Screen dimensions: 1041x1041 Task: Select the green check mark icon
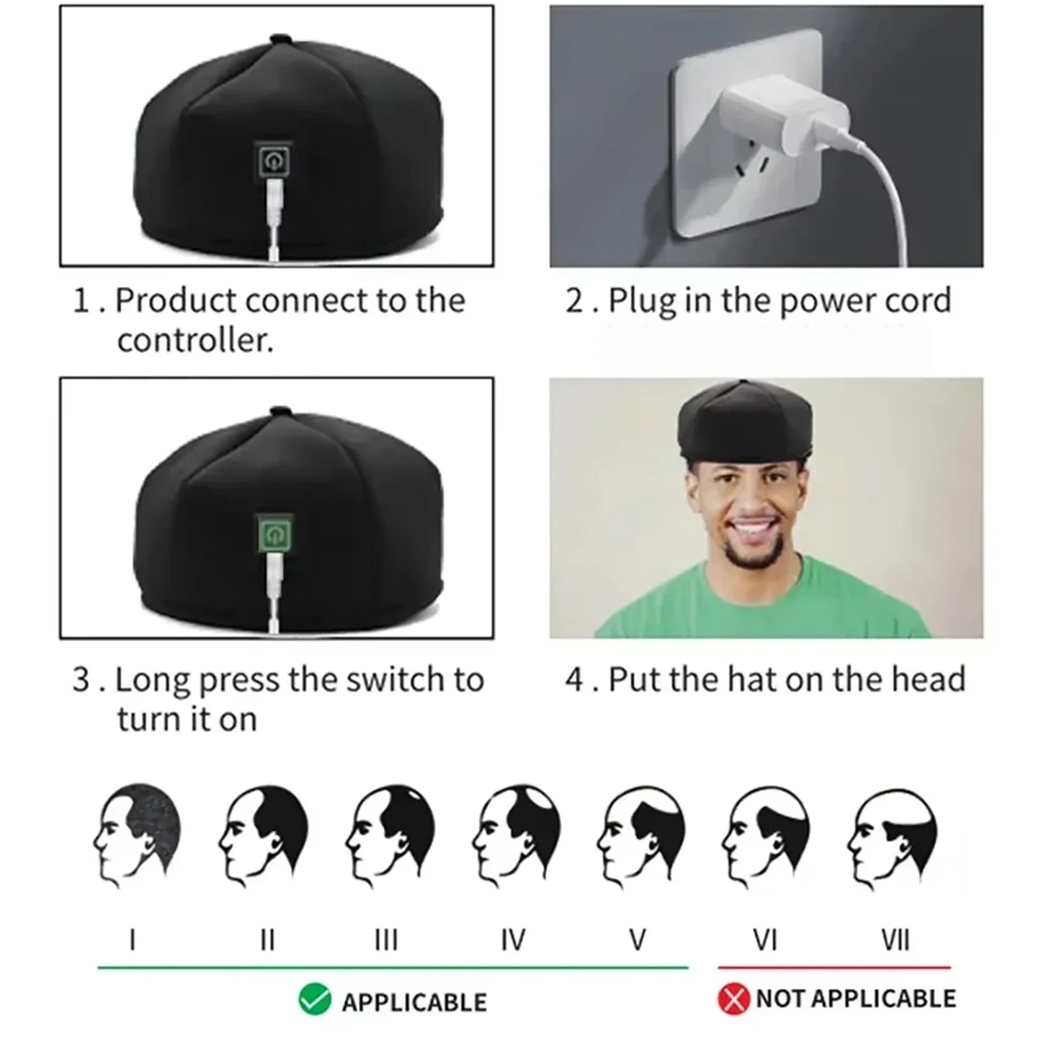point(315,1000)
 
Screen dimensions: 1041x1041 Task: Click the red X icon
point(733,1000)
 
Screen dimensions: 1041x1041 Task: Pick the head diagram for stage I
point(137,834)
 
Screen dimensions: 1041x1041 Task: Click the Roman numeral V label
point(637,940)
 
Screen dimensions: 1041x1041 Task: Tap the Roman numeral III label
point(387,940)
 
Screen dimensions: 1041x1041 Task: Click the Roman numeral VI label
point(764,940)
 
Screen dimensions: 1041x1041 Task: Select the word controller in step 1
point(195,340)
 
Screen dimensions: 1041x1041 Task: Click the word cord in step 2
point(918,301)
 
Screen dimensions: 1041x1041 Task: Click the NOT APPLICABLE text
point(856,998)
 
